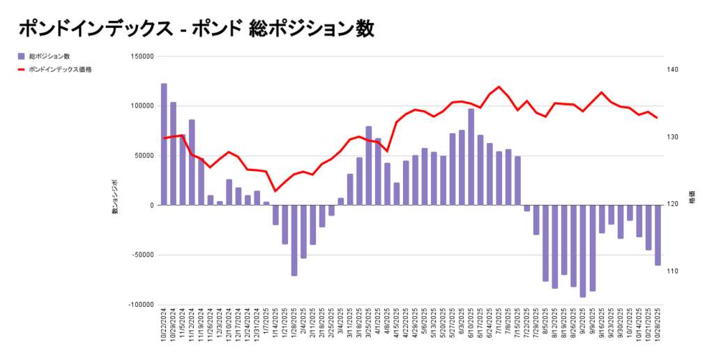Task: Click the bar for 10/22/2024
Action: click(164, 144)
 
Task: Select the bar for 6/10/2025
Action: click(471, 157)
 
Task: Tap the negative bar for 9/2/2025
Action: click(582, 251)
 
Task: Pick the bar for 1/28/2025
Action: click(294, 240)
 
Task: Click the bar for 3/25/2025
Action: click(369, 166)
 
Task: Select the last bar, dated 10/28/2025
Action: click(657, 235)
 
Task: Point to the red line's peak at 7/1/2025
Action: click(499, 87)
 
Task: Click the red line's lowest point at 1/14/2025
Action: click(275, 190)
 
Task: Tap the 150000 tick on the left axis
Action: click(142, 57)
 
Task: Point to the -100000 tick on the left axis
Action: click(141, 305)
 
